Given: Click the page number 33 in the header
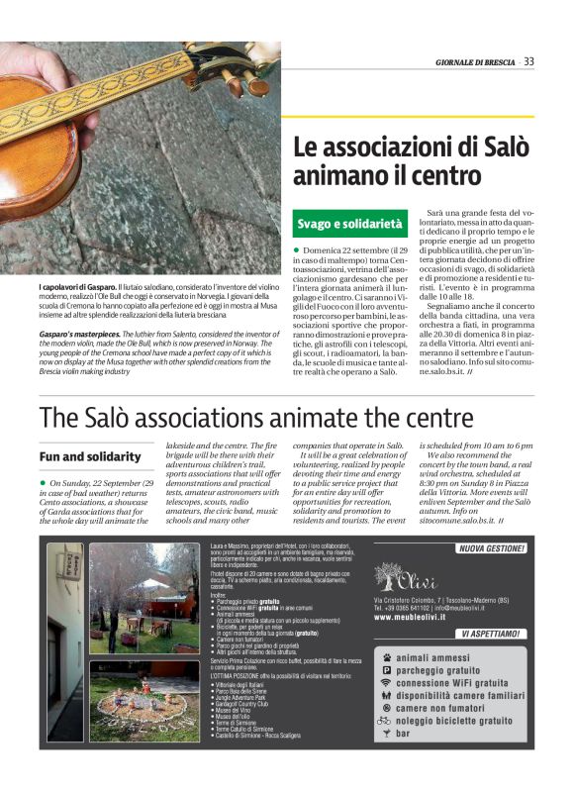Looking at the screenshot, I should (529, 61).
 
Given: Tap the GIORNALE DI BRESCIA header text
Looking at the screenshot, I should (475, 62).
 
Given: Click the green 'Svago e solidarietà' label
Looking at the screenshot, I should (350, 225).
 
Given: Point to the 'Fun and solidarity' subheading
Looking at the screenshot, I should (89, 456).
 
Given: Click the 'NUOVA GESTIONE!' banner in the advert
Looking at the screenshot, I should (490, 548).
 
